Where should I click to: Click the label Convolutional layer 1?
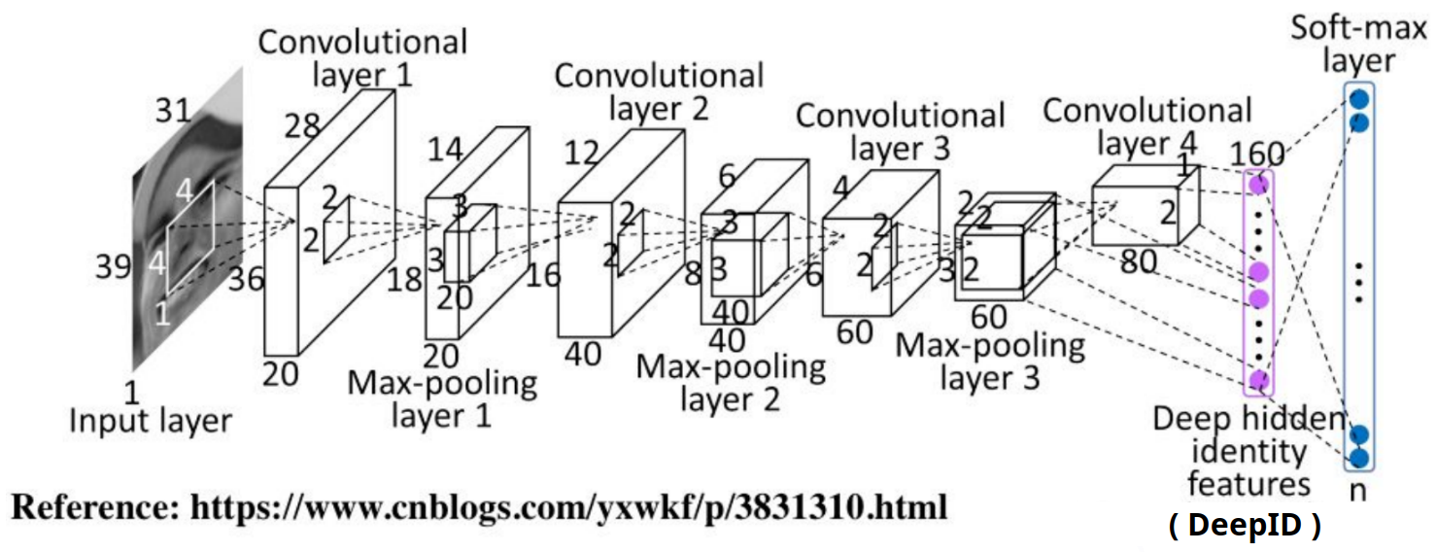coord(362,58)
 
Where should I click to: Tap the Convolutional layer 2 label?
coord(658,90)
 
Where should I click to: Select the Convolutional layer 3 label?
coord(900,132)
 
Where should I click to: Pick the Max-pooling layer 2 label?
coord(731,383)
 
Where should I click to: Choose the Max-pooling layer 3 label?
coord(990,361)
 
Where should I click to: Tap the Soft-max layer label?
coord(1356,43)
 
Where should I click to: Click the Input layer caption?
coord(151,421)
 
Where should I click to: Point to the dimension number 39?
coord(114,265)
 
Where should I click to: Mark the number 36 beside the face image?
coord(246,279)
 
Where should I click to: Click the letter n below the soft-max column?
coord(1358,490)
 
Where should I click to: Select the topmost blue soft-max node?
coord(1359,98)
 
